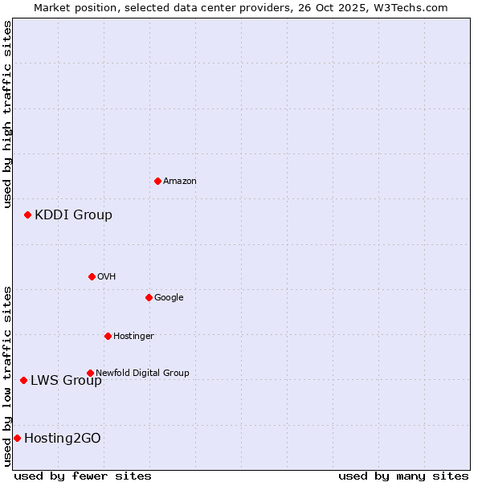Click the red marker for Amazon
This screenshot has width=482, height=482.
tap(157, 181)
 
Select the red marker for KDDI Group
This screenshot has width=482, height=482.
tap(27, 214)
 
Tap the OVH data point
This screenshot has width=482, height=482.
tap(92, 276)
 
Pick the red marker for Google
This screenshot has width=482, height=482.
tap(149, 297)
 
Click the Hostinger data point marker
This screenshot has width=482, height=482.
tap(108, 336)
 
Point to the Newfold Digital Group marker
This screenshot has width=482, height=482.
tap(90, 373)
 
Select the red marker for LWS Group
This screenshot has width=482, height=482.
tap(23, 380)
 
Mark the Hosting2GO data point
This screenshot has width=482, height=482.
tap(17, 438)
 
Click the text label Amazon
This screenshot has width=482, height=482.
tap(179, 181)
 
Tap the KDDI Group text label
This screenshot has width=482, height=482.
tap(73, 214)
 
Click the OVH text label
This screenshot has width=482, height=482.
tap(106, 276)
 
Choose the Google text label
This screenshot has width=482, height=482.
tap(169, 297)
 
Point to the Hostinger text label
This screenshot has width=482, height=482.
tap(133, 336)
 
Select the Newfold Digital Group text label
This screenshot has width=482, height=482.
tap(142, 373)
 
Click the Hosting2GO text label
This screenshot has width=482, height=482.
tap(63, 438)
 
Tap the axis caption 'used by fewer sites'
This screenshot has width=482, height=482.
tap(83, 476)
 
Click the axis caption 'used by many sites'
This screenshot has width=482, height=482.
tap(403, 476)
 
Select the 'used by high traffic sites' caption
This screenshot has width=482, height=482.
tap(7, 115)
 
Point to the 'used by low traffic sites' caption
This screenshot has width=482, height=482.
tap(7, 375)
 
